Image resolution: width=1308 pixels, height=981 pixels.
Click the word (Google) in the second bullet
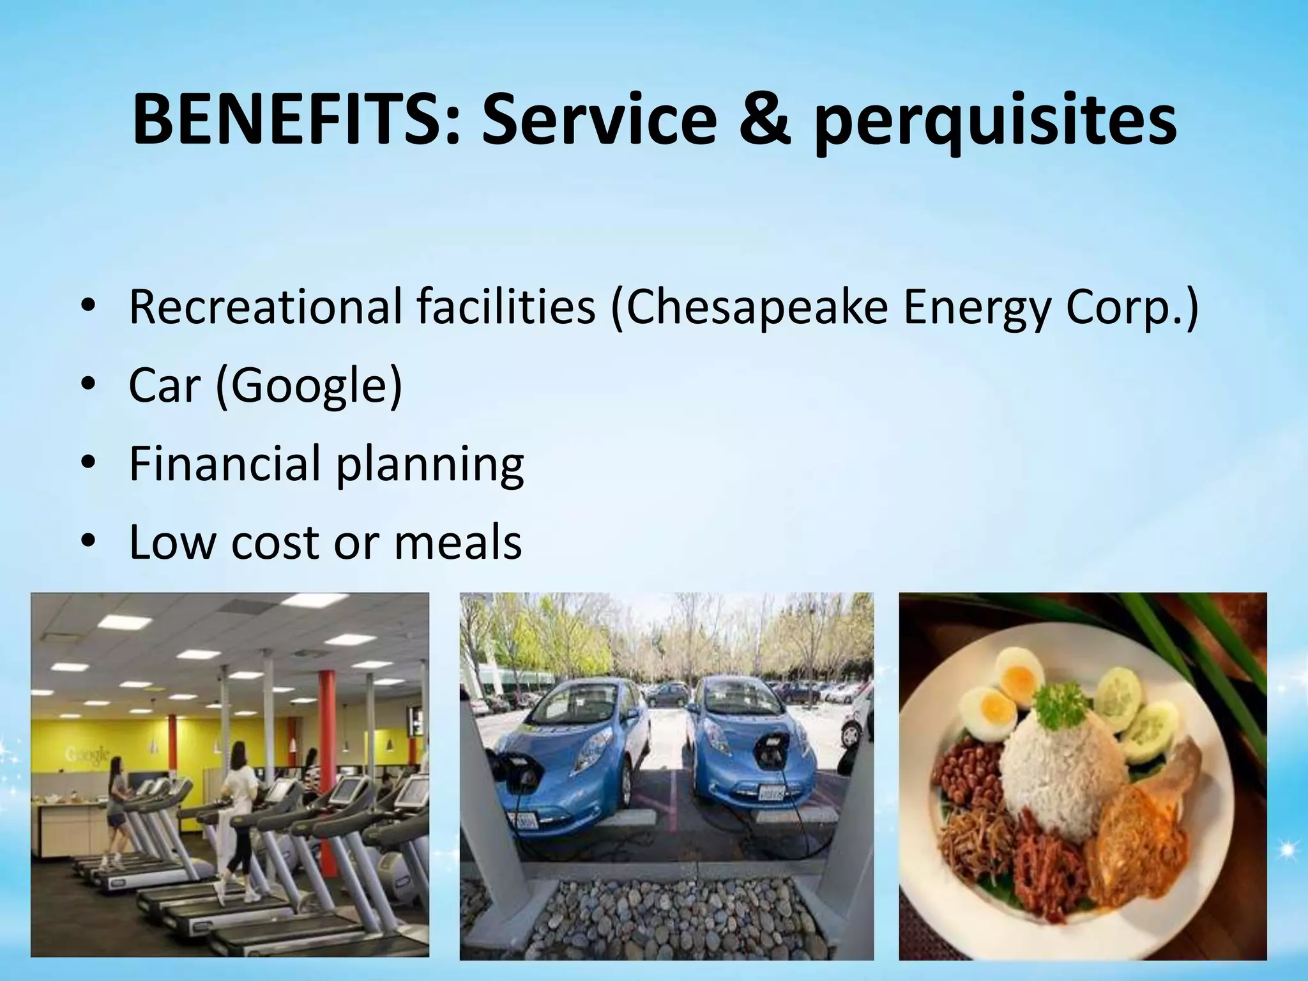[309, 386]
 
